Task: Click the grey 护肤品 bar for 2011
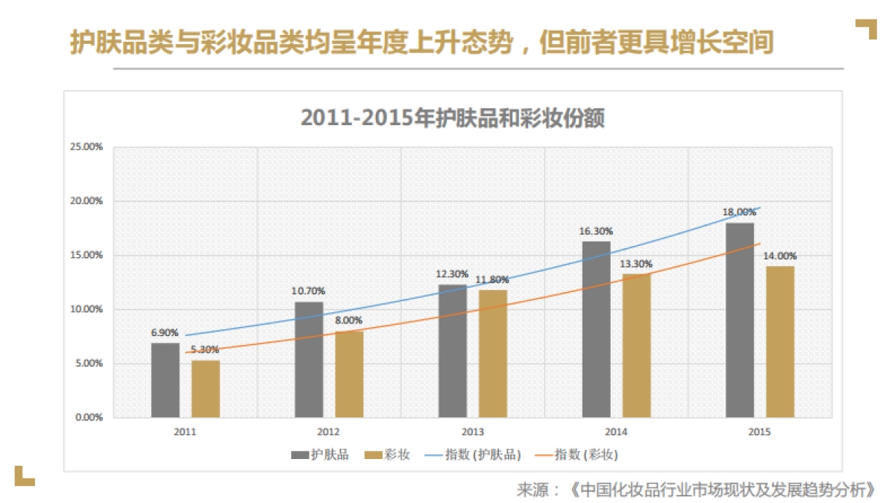tap(165, 380)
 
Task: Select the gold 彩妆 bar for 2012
tap(349, 374)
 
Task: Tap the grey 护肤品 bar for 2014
tap(596, 329)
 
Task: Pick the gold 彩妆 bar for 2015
tap(780, 341)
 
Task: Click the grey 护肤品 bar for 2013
tap(453, 351)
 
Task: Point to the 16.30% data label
tap(595, 231)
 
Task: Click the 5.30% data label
tap(204, 349)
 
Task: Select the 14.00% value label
tap(780, 256)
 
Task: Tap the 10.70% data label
tap(308, 291)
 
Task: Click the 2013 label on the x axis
tap(472, 432)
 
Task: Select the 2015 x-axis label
tap(759, 432)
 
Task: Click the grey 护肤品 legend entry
tap(319, 455)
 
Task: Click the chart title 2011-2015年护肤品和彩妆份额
tap(452, 118)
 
